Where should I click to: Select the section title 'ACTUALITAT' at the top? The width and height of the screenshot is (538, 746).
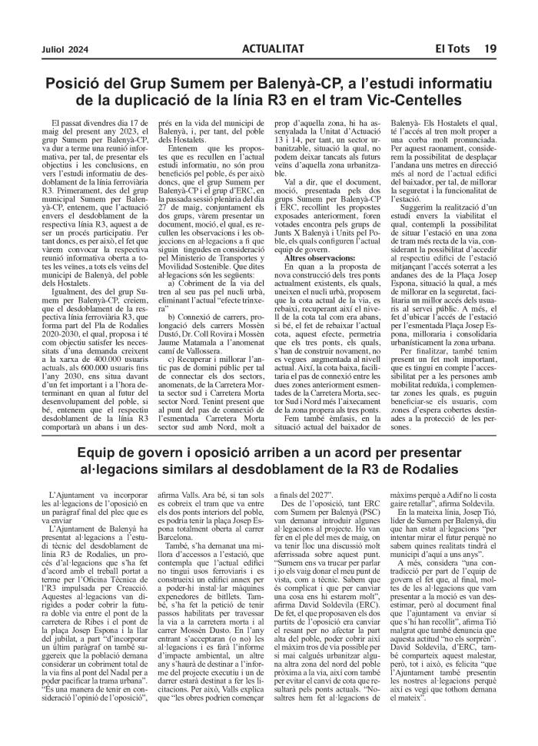(x=272, y=48)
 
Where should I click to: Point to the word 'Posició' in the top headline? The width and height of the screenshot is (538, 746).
(x=72, y=82)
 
